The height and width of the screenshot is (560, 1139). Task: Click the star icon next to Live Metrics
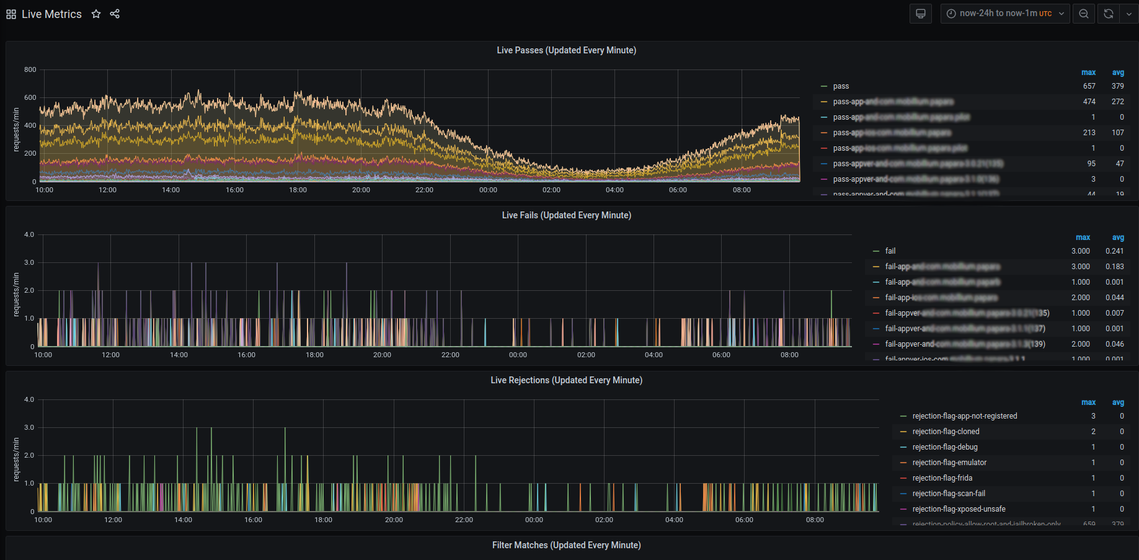click(96, 14)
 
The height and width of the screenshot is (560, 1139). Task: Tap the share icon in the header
click(115, 14)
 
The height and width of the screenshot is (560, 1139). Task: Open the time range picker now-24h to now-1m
click(1004, 14)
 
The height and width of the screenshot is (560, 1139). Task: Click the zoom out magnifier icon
click(1084, 14)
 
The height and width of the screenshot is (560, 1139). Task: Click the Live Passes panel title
click(566, 50)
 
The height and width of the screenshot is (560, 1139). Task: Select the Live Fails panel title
click(566, 215)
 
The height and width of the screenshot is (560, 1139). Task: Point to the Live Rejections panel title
click(566, 380)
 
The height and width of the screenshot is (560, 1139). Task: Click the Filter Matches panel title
click(566, 545)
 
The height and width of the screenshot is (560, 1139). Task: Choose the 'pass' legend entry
click(841, 86)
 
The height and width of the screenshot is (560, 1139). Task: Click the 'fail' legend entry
click(890, 251)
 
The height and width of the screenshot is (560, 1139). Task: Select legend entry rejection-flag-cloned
click(946, 432)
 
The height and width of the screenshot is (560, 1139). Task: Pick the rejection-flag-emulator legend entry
click(949, 463)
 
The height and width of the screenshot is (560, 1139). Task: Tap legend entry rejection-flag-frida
click(942, 478)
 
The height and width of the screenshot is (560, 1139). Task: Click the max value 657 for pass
click(1089, 86)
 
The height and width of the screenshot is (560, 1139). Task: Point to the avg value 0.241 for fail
click(1114, 251)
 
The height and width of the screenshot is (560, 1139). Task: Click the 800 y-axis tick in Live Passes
click(30, 69)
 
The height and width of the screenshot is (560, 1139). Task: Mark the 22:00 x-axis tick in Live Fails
click(450, 355)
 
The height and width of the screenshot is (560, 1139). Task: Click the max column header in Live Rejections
click(1088, 402)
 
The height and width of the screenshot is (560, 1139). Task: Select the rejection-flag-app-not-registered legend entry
click(964, 416)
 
